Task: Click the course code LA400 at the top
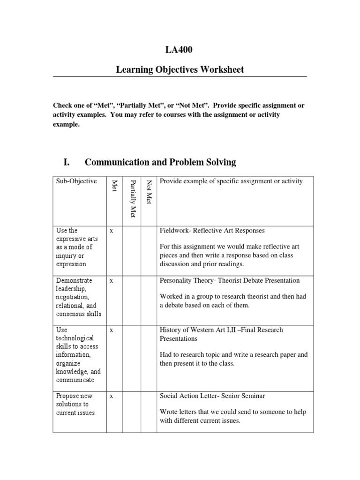pos(180,50)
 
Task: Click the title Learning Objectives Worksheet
pos(180,70)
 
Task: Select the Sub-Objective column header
pos(76,181)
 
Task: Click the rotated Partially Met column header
pos(133,198)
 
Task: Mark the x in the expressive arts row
pos(111,231)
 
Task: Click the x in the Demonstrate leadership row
pos(111,280)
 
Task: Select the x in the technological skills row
pos(111,330)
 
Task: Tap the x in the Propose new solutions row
pos(111,396)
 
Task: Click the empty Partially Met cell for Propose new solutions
pos(133,412)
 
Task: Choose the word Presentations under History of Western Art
pos(179,338)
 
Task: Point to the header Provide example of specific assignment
pos(231,181)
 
